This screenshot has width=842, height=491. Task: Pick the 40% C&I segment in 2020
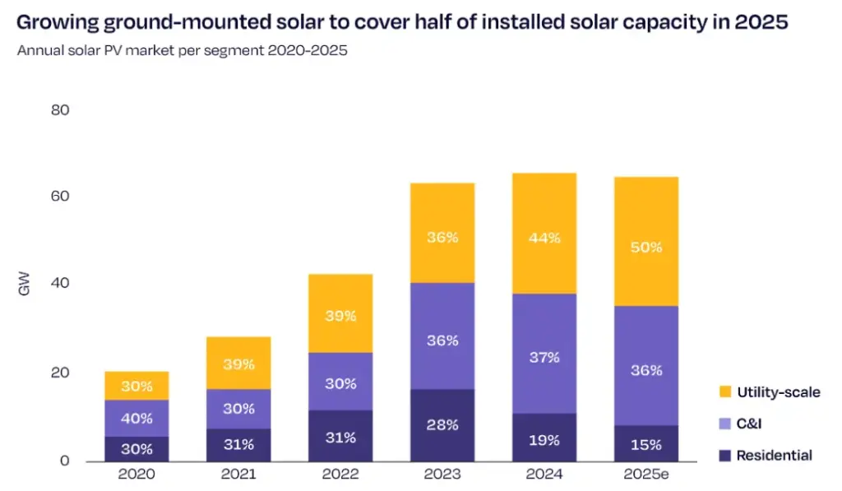tap(136, 418)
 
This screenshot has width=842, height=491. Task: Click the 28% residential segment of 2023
tap(442, 424)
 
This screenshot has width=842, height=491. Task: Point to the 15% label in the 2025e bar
tap(645, 444)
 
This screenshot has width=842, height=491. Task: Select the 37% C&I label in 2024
tap(544, 357)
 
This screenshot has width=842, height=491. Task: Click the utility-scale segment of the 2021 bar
tap(238, 363)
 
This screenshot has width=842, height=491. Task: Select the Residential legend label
tap(774, 455)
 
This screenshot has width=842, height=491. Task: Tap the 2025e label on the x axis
tap(645, 475)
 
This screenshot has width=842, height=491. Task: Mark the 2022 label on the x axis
tap(340, 475)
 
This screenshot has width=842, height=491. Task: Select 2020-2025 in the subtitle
tap(307, 50)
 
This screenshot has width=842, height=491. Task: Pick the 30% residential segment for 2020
tap(136, 449)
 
